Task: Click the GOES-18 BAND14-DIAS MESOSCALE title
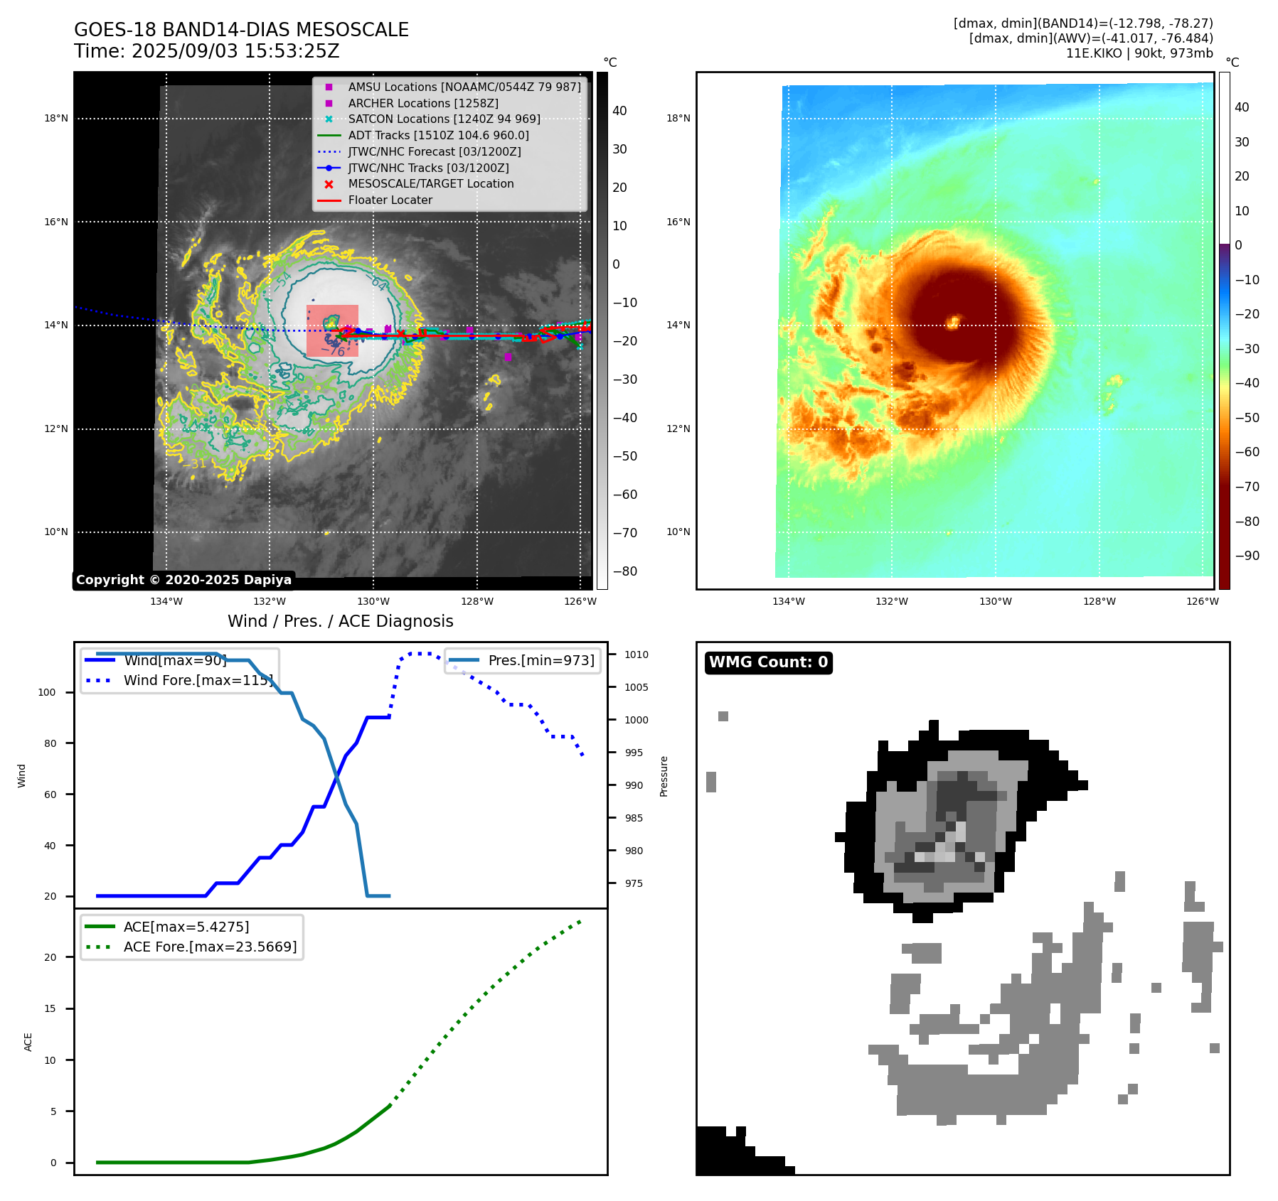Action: pyautogui.click(x=241, y=30)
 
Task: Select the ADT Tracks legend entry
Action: pyautogui.click(x=438, y=135)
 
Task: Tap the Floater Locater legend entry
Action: pyautogui.click(x=390, y=200)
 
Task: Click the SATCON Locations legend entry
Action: pyautogui.click(x=444, y=119)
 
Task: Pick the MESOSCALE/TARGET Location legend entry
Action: pyautogui.click(x=430, y=183)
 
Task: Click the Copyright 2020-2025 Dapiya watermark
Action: pyautogui.click(x=183, y=580)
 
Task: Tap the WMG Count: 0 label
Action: pyautogui.click(x=768, y=662)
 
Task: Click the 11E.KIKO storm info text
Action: pyautogui.click(x=1139, y=53)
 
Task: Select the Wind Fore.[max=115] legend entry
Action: pyautogui.click(x=198, y=680)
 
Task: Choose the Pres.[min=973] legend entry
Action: pyautogui.click(x=541, y=660)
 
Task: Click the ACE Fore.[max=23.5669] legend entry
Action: pyautogui.click(x=210, y=947)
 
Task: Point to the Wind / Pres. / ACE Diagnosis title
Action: pyautogui.click(x=340, y=621)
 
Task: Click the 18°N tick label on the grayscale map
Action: pyautogui.click(x=56, y=119)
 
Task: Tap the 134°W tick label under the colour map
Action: pyautogui.click(x=789, y=601)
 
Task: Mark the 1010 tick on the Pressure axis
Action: pyautogui.click(x=637, y=655)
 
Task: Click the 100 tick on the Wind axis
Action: pyautogui.click(x=47, y=692)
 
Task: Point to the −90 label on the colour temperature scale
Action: pyautogui.click(x=1247, y=556)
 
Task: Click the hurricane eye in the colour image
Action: pyautogui.click(x=954, y=322)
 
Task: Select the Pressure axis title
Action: pyautogui.click(x=664, y=776)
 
